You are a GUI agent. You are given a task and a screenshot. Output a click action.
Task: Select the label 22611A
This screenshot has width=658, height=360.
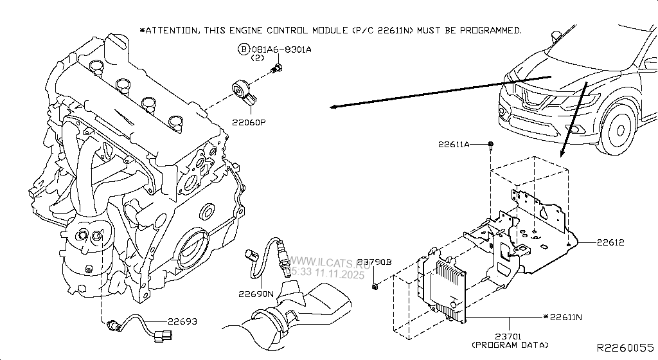click(454, 144)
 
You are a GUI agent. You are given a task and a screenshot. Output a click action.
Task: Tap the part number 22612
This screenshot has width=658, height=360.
click(610, 243)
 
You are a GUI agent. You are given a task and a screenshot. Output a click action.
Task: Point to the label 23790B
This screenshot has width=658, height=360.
click(375, 262)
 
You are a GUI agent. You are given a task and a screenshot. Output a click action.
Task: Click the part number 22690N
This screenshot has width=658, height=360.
click(256, 294)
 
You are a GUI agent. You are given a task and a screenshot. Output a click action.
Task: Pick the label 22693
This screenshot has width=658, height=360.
click(182, 321)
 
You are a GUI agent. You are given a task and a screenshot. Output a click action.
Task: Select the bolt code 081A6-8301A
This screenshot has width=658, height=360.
click(281, 50)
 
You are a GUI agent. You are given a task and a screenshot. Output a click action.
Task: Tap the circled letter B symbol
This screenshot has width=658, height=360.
click(244, 50)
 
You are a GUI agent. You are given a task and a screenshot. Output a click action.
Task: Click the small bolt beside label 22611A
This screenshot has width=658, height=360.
click(490, 145)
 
